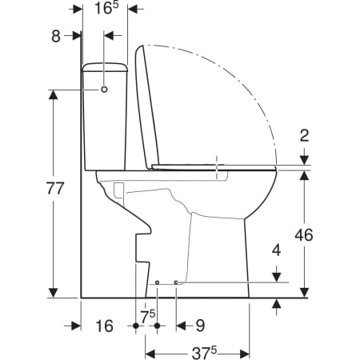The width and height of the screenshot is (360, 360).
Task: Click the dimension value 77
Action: pos(55,188)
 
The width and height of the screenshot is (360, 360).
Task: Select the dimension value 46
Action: pos(304,235)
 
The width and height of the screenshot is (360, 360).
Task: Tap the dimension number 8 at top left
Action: pos(56,36)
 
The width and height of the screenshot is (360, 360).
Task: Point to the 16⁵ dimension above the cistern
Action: pos(106,9)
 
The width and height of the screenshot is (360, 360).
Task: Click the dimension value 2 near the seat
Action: pos(304,135)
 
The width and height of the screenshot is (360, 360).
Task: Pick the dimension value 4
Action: pos(277,250)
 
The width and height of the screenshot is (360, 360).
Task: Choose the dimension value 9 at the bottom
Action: pos(200,326)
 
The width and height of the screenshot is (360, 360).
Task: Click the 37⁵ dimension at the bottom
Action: pos(204,353)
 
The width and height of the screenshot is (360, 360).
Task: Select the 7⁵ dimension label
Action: pos(148,317)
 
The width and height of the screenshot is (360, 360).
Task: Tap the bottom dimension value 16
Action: pos(104,326)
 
